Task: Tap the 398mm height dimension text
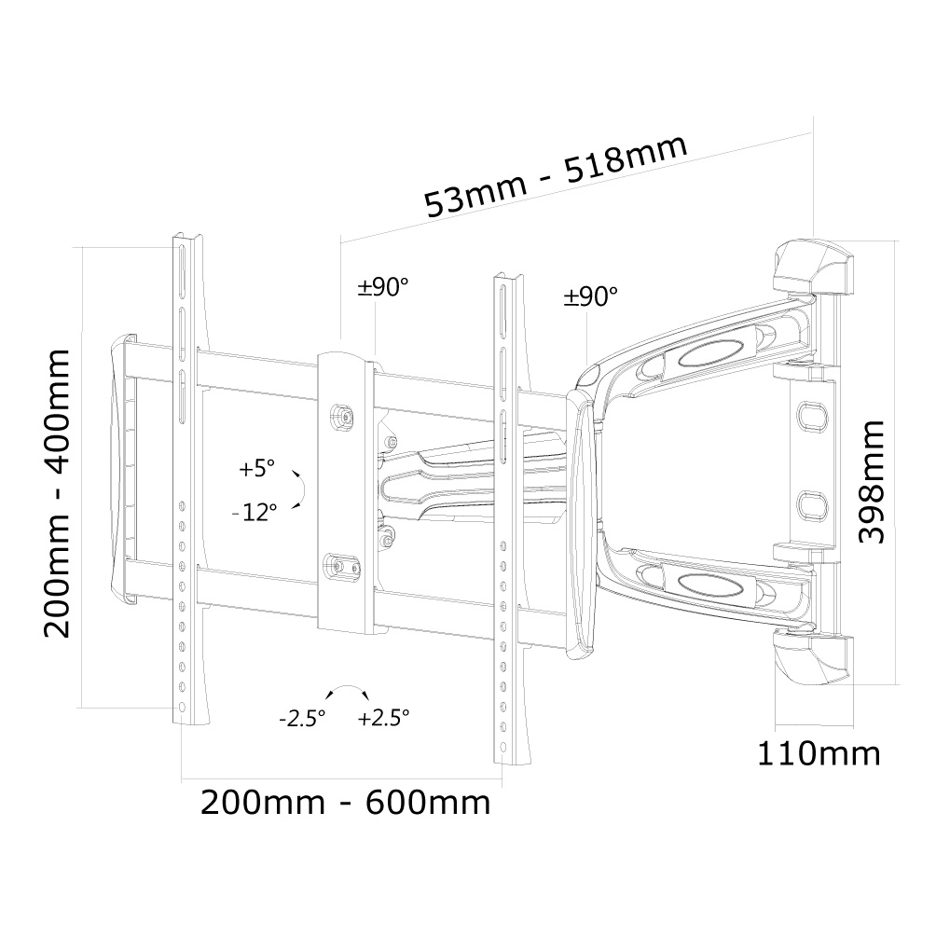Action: pyautogui.click(x=871, y=482)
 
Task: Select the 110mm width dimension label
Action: pyautogui.click(x=819, y=753)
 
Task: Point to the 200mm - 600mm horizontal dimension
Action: pyautogui.click(x=345, y=803)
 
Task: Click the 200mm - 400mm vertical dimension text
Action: pyautogui.click(x=57, y=494)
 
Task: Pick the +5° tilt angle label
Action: pyautogui.click(x=256, y=468)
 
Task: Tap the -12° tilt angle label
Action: pyautogui.click(x=255, y=512)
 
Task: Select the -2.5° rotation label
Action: pyautogui.click(x=302, y=718)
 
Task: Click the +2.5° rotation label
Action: pyautogui.click(x=384, y=717)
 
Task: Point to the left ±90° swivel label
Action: pyautogui.click(x=382, y=287)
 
